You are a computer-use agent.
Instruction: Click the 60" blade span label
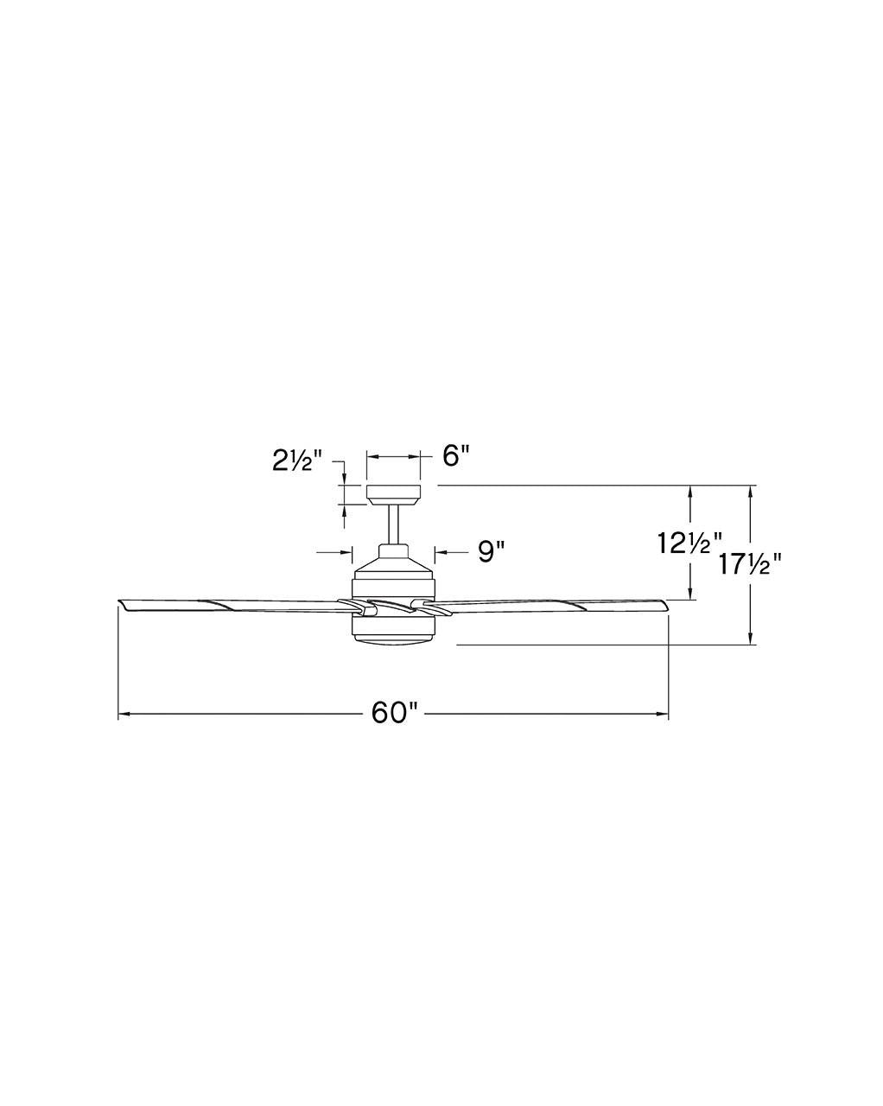coord(394,713)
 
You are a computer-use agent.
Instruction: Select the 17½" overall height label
coord(750,565)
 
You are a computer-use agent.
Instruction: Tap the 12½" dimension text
coord(689,543)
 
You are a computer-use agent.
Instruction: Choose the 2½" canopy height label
coord(296,461)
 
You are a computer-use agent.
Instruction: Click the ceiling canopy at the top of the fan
coord(393,494)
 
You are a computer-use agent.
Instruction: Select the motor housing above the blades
coord(393,572)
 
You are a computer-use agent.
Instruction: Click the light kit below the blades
coord(393,629)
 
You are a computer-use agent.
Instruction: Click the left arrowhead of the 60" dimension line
coord(123,714)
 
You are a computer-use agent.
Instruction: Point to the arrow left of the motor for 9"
coord(348,550)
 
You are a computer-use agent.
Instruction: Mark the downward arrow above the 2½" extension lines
coord(345,480)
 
